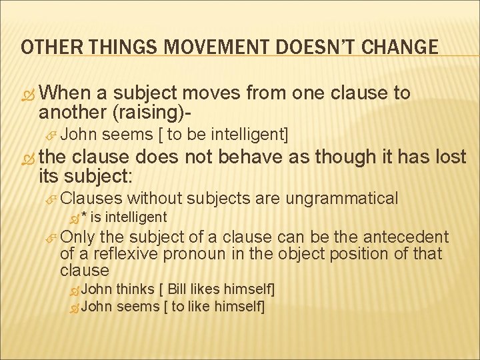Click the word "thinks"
[134, 289]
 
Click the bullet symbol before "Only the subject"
[51, 237]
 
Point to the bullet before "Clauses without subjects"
[51, 199]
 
